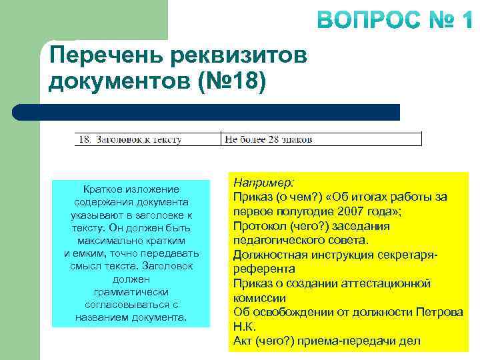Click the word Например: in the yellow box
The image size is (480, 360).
[263, 182]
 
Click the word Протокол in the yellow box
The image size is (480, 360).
[258, 226]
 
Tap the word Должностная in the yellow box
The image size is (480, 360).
[268, 255]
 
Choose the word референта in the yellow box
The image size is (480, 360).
[263, 269]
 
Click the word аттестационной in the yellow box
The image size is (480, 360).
[386, 283]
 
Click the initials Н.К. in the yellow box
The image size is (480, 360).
[245, 327]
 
